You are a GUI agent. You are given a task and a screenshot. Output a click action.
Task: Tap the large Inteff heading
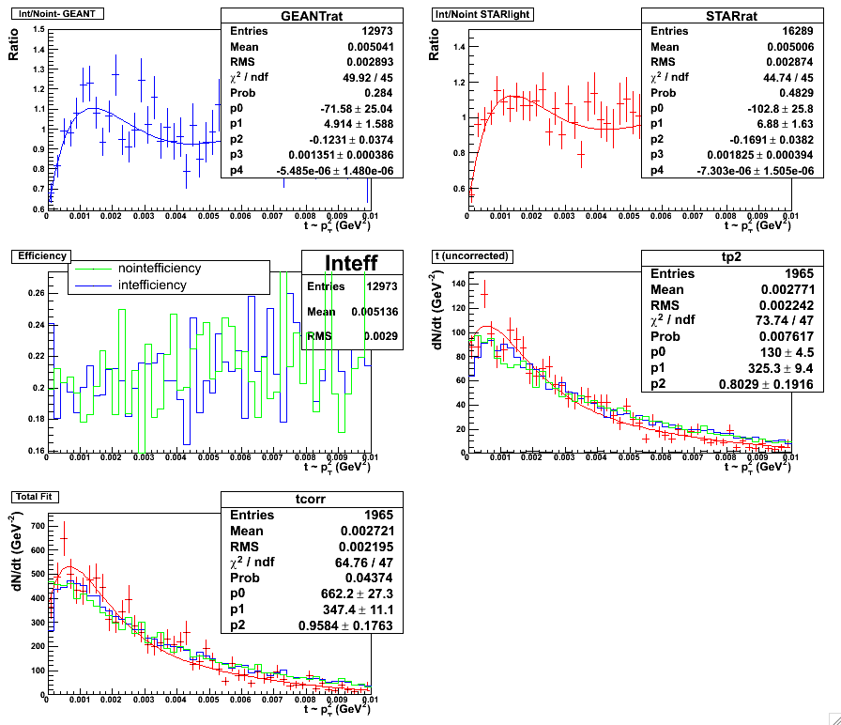pyautogui.click(x=351, y=263)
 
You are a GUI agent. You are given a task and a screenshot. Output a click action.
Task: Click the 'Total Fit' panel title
pyautogui.click(x=33, y=494)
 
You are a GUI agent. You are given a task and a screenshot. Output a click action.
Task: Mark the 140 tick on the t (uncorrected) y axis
pyautogui.click(x=460, y=283)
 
